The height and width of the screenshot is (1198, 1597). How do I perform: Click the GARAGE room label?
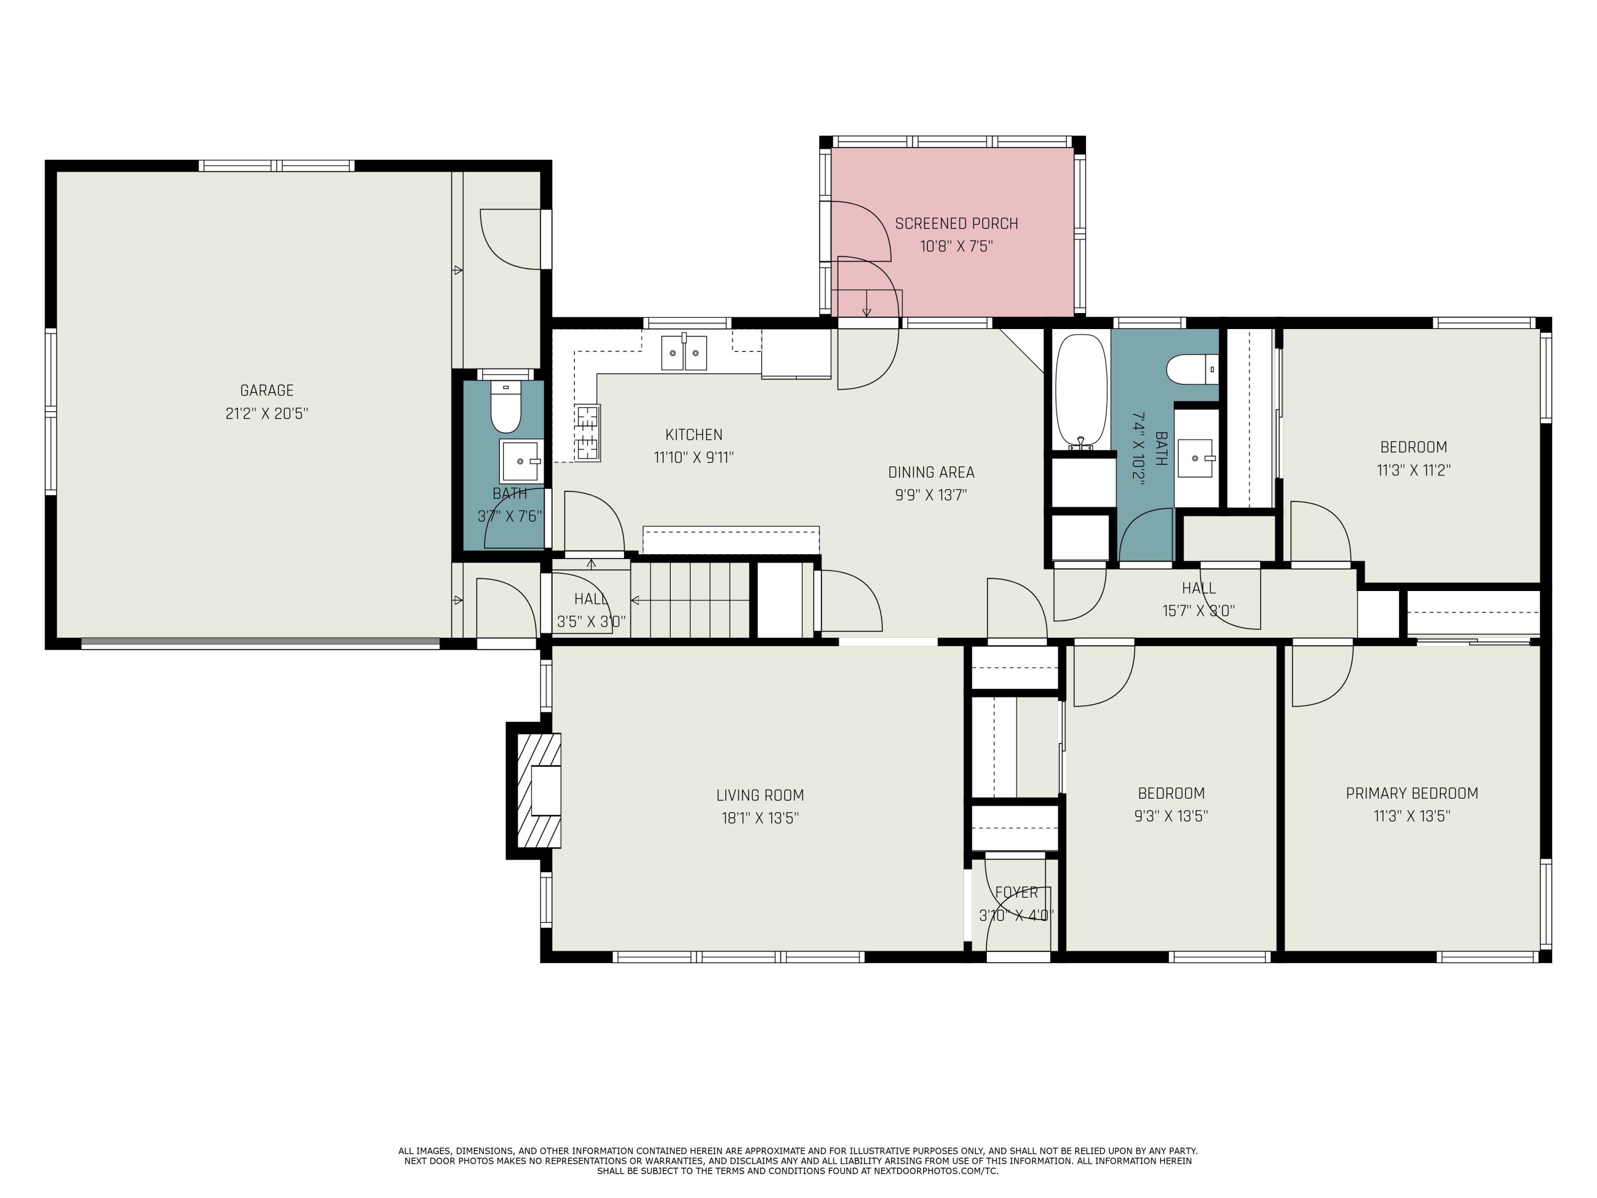pyautogui.click(x=266, y=390)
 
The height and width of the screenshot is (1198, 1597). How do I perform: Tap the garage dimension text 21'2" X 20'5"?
pyautogui.click(x=266, y=414)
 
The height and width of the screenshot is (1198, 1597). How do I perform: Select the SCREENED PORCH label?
pyautogui.click(x=956, y=224)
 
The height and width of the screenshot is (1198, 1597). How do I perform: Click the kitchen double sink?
pyautogui.click(x=684, y=353)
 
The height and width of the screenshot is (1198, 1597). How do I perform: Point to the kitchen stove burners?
pyautogui.click(x=587, y=432)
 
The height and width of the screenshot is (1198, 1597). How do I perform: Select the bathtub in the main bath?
pyautogui.click(x=1080, y=391)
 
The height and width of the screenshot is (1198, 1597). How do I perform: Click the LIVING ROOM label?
pyautogui.click(x=760, y=795)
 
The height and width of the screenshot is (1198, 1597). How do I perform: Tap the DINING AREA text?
pyautogui.click(x=931, y=472)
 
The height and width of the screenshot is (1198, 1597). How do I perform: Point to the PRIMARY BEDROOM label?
pyautogui.click(x=1411, y=793)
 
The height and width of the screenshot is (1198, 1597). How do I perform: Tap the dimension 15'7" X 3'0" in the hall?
pyautogui.click(x=1198, y=611)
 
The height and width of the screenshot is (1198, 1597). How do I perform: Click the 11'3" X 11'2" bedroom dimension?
pyautogui.click(x=1413, y=470)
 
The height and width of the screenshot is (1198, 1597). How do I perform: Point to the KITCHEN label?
pyautogui.click(x=693, y=434)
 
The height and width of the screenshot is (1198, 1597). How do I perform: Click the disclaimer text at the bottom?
pyautogui.click(x=798, y=1160)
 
